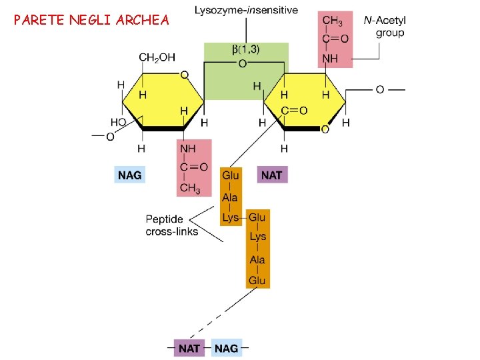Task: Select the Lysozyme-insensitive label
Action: pyautogui.click(x=247, y=10)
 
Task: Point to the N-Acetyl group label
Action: pyautogui.click(x=386, y=27)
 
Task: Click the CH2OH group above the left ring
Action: pyautogui.click(x=157, y=58)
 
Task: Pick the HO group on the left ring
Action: pyautogui.click(x=118, y=123)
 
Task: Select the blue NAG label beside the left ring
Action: pyautogui.click(x=130, y=175)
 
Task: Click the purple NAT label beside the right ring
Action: pyautogui.click(x=272, y=175)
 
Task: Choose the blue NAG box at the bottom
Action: pyautogui.click(x=227, y=348)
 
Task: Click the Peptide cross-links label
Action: pyautogui.click(x=171, y=225)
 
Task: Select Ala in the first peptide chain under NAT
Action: pyautogui.click(x=230, y=197)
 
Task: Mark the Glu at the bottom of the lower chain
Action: pyautogui.click(x=257, y=281)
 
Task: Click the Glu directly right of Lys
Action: pyautogui.click(x=257, y=217)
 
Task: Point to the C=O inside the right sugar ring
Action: pyautogui.click(x=293, y=111)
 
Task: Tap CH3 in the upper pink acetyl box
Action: pyautogui.click(x=333, y=21)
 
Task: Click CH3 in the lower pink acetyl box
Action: pyautogui.click(x=190, y=189)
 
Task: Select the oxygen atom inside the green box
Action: pyautogui.click(x=242, y=63)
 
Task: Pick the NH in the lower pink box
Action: pyautogui.click(x=187, y=148)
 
